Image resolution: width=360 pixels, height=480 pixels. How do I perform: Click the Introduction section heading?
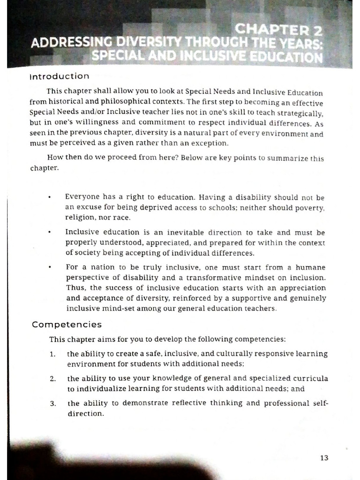59,76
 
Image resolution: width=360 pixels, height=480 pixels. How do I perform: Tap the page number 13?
324,458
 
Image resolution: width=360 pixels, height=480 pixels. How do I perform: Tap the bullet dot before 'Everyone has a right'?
49,197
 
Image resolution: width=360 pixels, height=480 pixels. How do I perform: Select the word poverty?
311,208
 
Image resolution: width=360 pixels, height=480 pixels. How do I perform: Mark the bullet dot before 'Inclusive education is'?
49,232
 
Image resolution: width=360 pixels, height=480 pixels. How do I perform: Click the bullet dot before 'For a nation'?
49,267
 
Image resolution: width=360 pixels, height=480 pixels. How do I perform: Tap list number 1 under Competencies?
53,354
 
